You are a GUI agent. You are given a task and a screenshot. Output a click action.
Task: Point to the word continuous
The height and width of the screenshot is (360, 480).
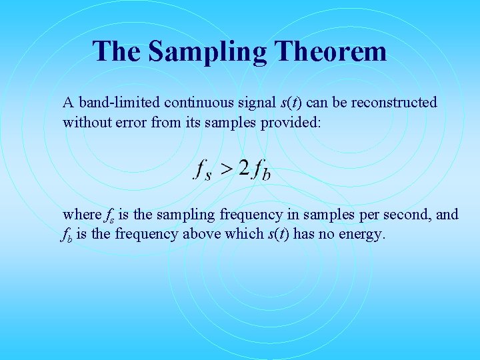tap(193, 103)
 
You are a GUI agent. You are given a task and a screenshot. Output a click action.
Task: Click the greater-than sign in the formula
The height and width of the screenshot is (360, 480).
tap(227, 168)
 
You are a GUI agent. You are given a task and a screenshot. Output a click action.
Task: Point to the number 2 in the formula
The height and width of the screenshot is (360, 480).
tap(244, 167)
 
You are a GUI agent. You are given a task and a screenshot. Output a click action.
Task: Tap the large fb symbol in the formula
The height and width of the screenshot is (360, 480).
tap(261, 169)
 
